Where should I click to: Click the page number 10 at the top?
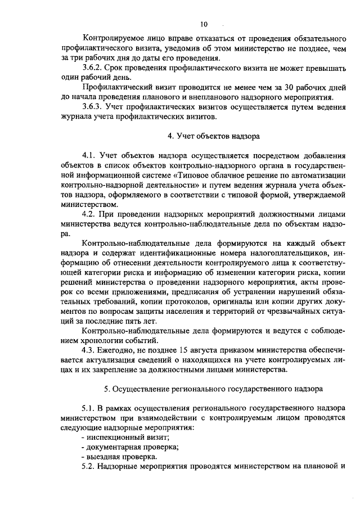pos(203,24)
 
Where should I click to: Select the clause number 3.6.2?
pos(93,67)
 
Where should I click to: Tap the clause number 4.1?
pos(90,155)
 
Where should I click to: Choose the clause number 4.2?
pos(90,214)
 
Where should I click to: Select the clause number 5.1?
pos(90,408)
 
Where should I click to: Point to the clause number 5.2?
pos(90,467)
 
